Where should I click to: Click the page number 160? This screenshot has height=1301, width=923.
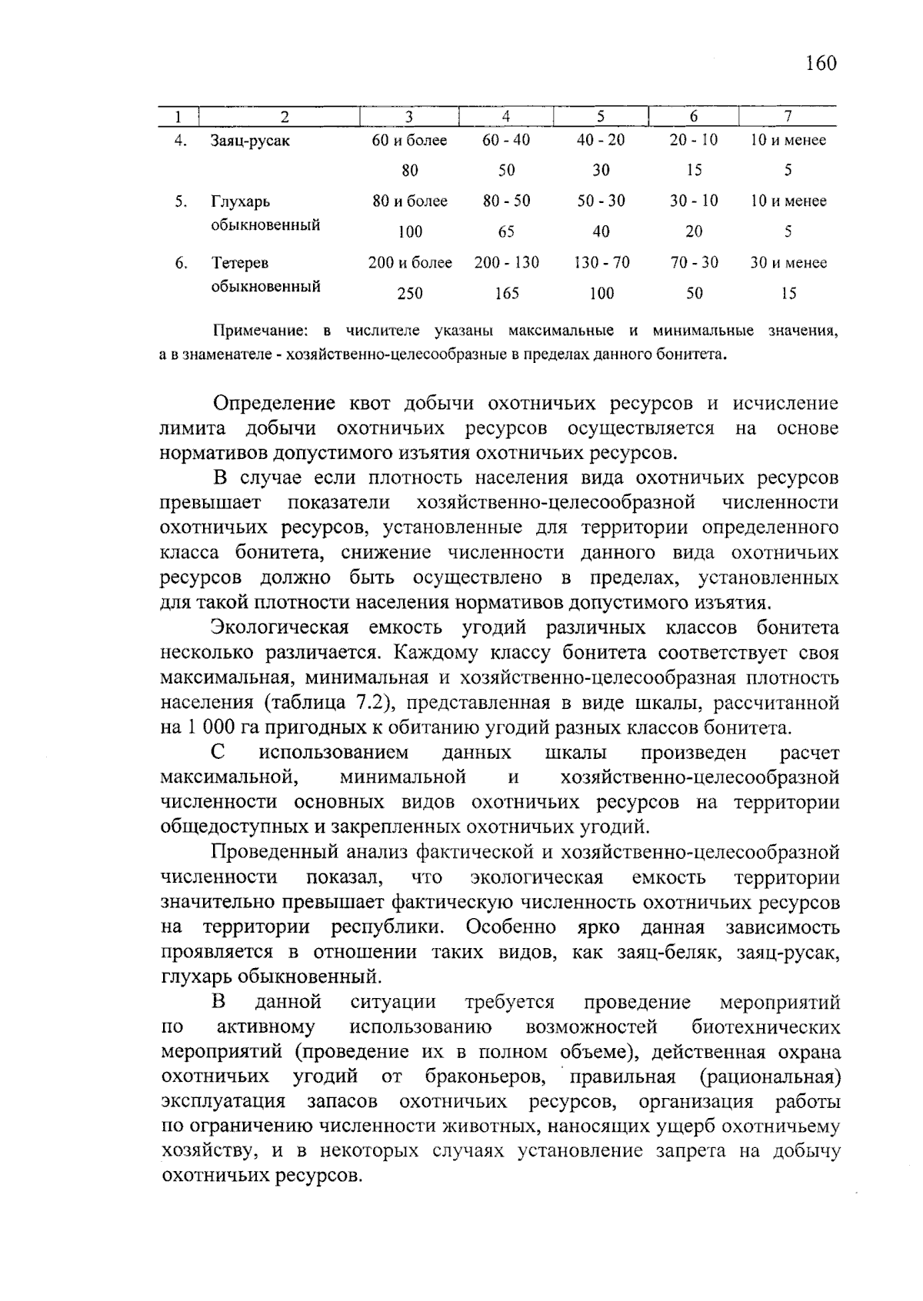821,63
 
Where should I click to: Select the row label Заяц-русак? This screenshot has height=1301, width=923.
250,141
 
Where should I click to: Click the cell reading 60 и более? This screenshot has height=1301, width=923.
409,140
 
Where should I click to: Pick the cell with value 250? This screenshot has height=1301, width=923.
409,293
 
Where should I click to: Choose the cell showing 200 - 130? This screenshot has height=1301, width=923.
506,262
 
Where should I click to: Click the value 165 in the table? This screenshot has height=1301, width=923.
506,293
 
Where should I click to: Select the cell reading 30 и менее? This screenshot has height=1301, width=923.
788,262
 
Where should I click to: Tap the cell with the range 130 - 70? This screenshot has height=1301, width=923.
601,262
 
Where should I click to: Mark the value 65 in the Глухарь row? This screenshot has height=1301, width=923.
506,231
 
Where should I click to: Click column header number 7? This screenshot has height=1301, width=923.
788,117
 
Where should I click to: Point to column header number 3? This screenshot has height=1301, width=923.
409,117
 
